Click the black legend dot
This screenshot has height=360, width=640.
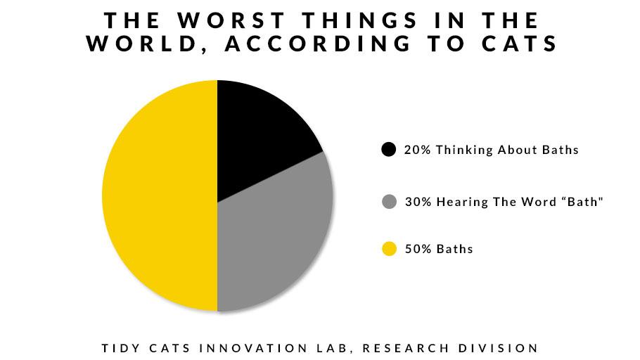click(388, 150)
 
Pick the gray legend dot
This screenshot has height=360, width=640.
click(388, 202)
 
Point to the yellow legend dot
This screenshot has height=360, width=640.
click(388, 249)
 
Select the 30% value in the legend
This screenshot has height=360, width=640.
click(416, 202)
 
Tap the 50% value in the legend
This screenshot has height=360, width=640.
click(416, 249)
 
